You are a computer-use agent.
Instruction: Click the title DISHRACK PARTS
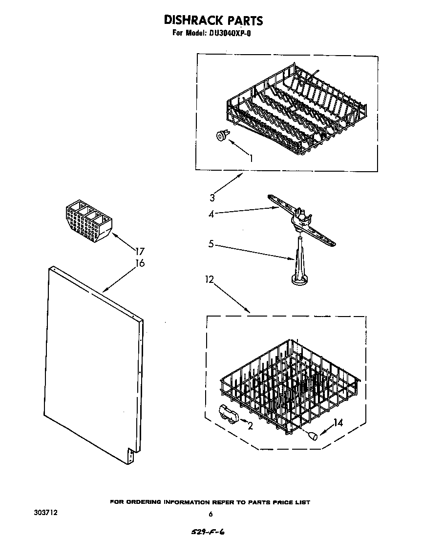213,20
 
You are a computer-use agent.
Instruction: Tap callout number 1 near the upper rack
251,158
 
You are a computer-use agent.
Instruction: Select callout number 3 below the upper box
212,198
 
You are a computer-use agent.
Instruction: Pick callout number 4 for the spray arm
211,213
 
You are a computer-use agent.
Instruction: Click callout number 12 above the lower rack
210,279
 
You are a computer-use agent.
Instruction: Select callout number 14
338,423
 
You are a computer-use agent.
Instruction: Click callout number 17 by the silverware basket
140,252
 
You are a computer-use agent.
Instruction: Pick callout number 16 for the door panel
140,263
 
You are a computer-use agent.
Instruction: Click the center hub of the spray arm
300,219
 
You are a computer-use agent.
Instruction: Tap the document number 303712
46,513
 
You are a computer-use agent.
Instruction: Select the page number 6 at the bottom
211,514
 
